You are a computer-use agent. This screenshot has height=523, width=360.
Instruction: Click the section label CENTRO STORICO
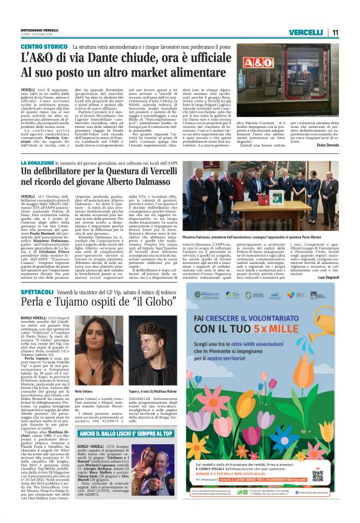pyautogui.click(x=44, y=48)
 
